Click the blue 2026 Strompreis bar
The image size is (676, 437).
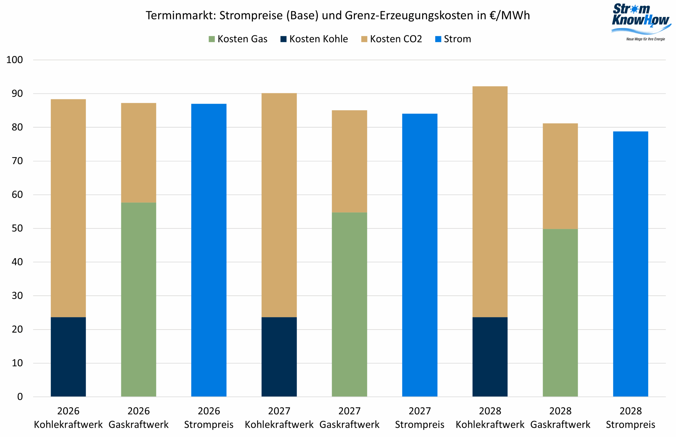coord(209,250)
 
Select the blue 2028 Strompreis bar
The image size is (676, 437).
coord(630,264)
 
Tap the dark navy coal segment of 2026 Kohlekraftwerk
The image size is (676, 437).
coord(68,357)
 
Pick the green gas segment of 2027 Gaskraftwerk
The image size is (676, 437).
coord(349,304)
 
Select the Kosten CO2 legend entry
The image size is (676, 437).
coord(391,39)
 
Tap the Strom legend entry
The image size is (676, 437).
coord(453,39)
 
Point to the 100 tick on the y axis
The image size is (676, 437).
coord(15,60)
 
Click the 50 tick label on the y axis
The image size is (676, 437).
coord(17,228)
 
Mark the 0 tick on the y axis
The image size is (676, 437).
coord(20,396)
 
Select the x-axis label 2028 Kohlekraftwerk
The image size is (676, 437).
coord(490,417)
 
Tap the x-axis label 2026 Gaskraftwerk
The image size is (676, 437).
coord(138,417)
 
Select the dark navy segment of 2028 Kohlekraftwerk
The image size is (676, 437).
coord(490,357)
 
